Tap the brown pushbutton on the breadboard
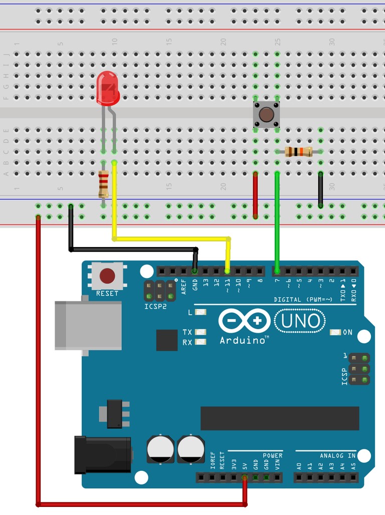[266, 115]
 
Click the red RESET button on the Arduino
[107, 276]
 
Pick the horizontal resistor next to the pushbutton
[298, 151]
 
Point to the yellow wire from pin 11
[170, 238]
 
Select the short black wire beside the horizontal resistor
[321, 190]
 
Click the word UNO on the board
[300, 320]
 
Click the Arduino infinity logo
[244, 321]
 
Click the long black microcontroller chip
[280, 418]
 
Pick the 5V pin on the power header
[245, 477]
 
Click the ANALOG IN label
[337, 456]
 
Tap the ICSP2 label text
[155, 306]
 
